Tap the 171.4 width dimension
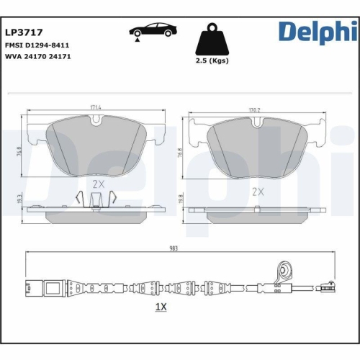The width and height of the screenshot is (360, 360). [96, 108]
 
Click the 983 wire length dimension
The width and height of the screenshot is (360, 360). [173, 247]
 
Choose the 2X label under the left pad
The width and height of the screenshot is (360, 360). [99, 184]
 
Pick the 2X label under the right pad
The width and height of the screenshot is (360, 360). [257, 192]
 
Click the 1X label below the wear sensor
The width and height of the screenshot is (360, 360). [161, 307]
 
